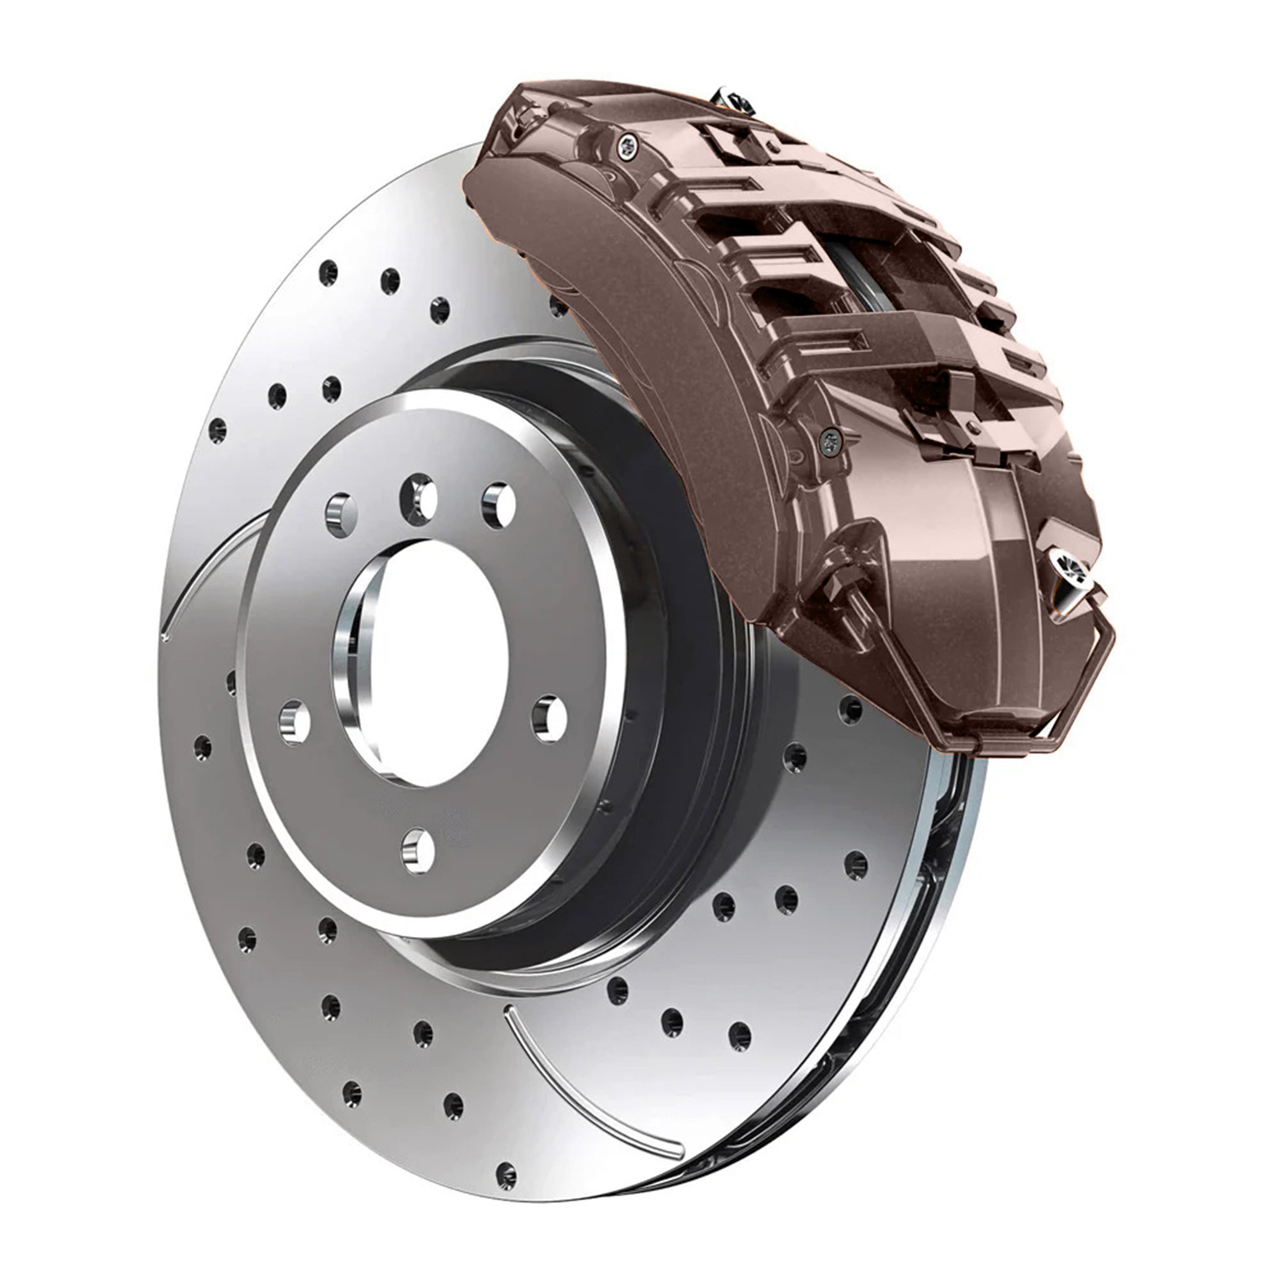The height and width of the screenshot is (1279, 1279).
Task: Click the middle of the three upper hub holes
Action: [x=419, y=497]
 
